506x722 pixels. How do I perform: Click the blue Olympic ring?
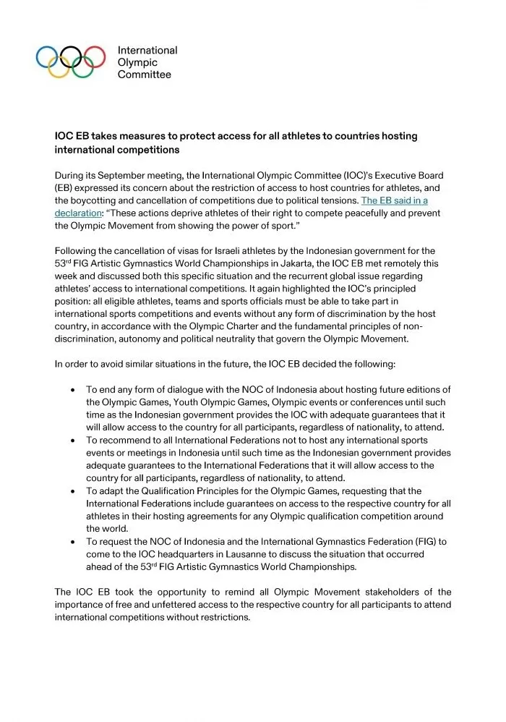point(47,56)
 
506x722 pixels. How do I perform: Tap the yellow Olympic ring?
point(59,67)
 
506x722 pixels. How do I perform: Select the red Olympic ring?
point(95,56)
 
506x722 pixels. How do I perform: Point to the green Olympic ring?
point(82,67)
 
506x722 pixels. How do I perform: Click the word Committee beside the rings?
point(145,75)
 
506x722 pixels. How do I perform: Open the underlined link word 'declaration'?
point(77,213)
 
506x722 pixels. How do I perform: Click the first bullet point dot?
point(73,390)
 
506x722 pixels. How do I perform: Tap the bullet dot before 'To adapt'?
point(73,491)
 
